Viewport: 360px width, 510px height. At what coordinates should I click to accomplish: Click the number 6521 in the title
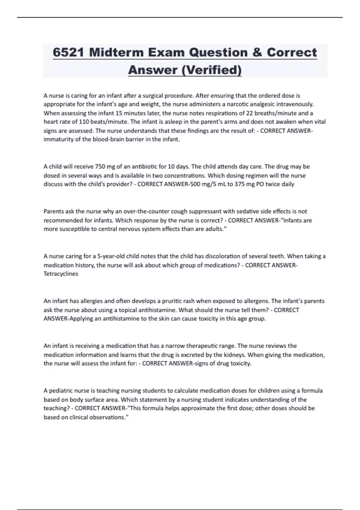[x=69, y=52]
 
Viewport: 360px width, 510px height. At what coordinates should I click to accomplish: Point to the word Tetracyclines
[x=61, y=274]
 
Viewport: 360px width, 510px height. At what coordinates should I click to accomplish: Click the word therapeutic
[x=218, y=346]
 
